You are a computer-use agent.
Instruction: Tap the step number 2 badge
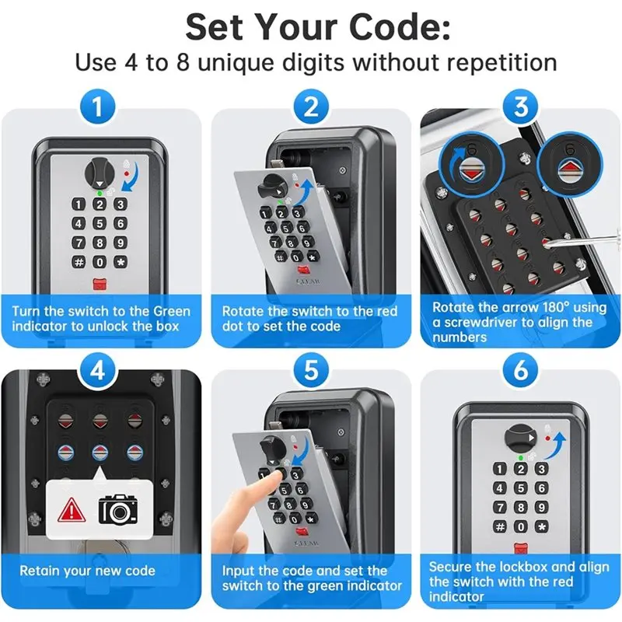tap(311, 107)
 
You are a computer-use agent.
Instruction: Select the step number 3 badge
tap(521, 107)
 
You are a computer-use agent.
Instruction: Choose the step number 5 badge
tap(311, 371)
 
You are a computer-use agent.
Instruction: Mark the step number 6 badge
tap(521, 371)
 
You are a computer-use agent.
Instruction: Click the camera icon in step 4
tap(117, 509)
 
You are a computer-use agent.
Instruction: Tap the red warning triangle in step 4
tap(72, 510)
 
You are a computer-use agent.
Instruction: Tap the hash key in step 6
tap(500, 527)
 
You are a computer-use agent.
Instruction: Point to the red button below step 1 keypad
tap(100, 285)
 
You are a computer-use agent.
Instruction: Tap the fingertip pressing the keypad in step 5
tap(267, 480)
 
